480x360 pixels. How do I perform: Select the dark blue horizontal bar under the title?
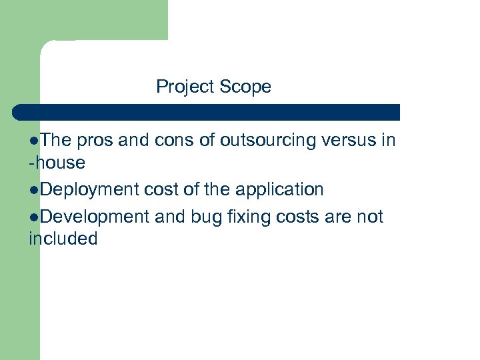[x=207, y=112]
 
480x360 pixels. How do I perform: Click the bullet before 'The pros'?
[x=34, y=141]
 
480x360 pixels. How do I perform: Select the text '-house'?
[x=57, y=163]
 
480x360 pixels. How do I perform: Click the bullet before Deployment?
[x=34, y=190]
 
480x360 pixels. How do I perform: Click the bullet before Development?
[x=34, y=217]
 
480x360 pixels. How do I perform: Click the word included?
[x=63, y=239]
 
